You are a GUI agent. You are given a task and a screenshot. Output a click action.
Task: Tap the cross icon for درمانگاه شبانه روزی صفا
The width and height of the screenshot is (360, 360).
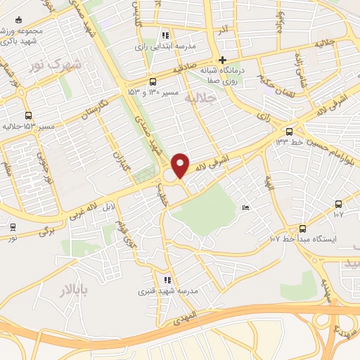(222, 60)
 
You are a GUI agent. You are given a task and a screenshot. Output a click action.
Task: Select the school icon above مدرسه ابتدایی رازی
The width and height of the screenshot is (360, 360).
(165, 35)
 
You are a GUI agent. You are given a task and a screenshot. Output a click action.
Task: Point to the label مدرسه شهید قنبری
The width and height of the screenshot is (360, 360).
(167, 290)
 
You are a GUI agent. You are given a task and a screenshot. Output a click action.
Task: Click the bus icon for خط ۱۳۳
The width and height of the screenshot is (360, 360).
(289, 131)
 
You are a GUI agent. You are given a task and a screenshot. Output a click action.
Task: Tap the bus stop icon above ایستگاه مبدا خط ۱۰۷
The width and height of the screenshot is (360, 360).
(302, 228)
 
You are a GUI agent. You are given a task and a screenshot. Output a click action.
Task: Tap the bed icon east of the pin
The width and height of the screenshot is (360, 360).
(245, 207)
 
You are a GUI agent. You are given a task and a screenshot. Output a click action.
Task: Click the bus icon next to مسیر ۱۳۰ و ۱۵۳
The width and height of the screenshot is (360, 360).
(153, 82)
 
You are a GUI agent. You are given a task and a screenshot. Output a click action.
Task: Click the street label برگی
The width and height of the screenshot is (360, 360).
(46, 231)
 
